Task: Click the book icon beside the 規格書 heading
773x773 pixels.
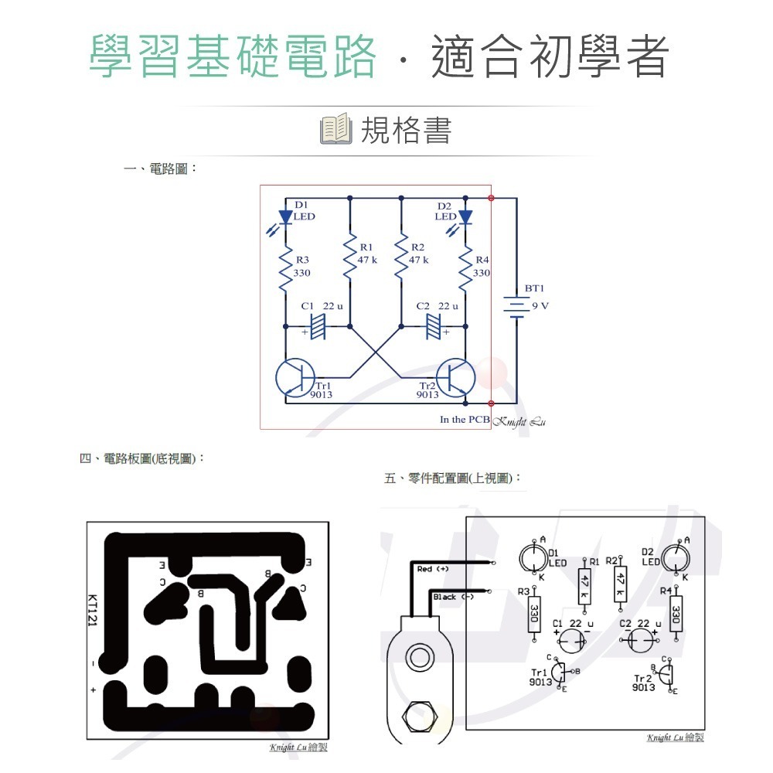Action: (x=336, y=130)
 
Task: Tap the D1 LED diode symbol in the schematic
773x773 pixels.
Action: (x=286, y=217)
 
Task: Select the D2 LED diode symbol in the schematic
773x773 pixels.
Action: (x=465, y=217)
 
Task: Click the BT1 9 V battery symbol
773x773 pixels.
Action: (x=516, y=305)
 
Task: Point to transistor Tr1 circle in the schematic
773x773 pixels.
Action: (x=295, y=377)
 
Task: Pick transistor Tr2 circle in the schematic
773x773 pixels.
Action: (x=455, y=377)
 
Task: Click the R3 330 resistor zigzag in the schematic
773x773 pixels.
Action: (x=286, y=267)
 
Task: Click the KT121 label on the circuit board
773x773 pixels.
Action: (x=92, y=611)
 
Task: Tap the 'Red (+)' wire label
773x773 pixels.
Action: (x=433, y=569)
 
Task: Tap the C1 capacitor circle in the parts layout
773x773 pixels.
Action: (x=572, y=641)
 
